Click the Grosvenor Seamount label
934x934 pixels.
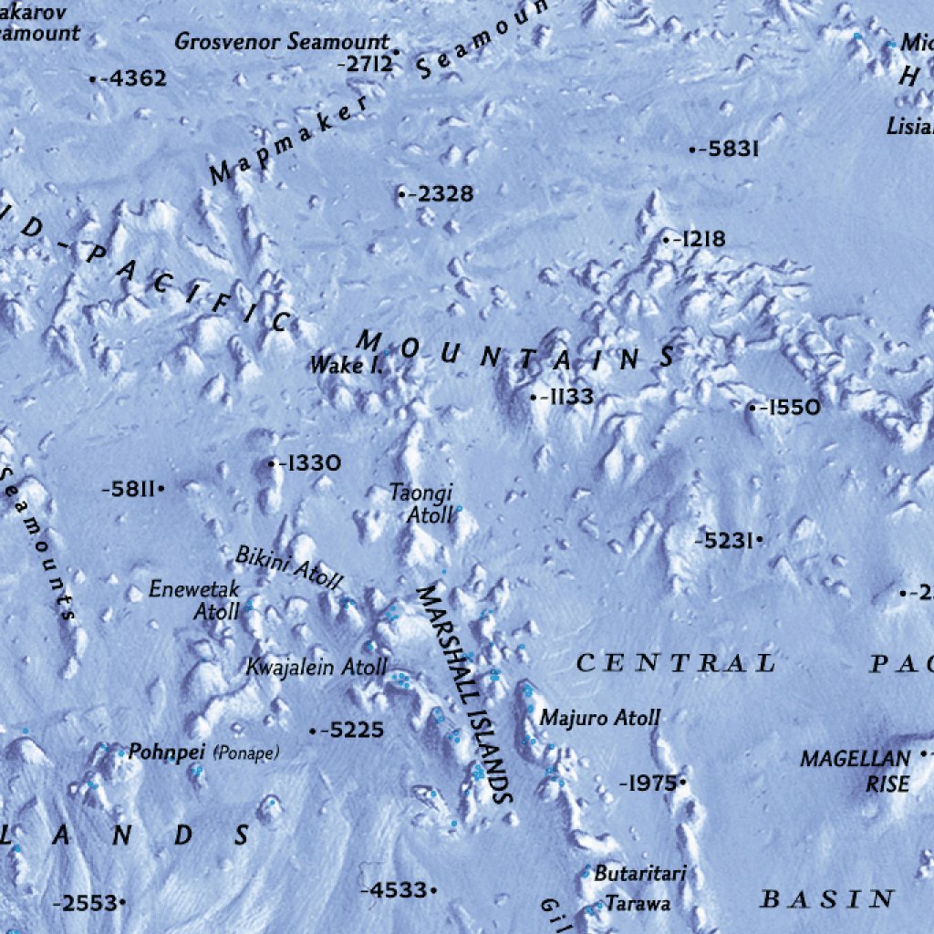point(282,42)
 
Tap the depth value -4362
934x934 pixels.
point(133,79)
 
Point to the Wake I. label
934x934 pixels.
point(346,366)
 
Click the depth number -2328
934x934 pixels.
point(441,194)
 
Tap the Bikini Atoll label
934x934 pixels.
point(289,568)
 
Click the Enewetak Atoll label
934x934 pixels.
point(194,601)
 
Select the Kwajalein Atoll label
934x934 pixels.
point(317,668)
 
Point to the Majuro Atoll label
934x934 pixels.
point(599,718)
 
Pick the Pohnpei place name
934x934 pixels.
point(168,752)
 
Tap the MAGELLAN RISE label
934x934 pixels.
point(855,771)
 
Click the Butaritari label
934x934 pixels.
point(639,873)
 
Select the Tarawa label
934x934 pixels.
point(638,904)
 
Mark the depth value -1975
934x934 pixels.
point(648,783)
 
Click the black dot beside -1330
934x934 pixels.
point(272,464)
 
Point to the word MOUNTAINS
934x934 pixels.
point(516,352)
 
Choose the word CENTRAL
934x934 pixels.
point(676,663)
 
